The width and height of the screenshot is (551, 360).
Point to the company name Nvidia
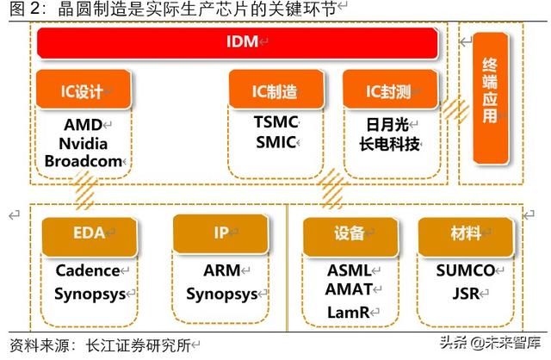click(83, 143)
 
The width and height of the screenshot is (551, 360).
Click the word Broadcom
click(84, 161)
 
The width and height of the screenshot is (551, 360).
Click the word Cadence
click(88, 270)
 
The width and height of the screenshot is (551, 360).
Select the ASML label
click(349, 270)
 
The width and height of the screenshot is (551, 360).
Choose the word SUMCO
click(465, 270)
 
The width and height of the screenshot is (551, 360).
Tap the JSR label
click(465, 292)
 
